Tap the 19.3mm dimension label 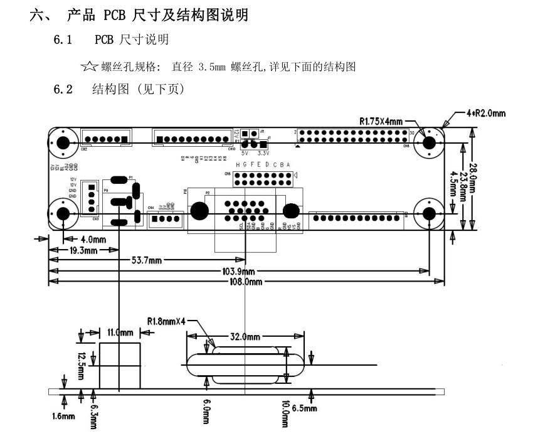[83, 250]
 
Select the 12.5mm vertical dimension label [82, 364]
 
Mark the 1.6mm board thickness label [63, 415]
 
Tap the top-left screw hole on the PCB [63, 142]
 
